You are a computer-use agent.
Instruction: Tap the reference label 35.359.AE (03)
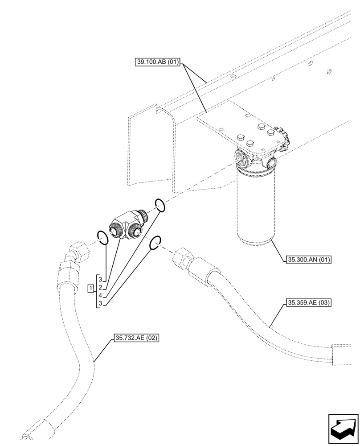coord(307,303)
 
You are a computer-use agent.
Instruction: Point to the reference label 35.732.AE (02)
coord(136,338)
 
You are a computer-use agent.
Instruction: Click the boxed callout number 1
coord(90,288)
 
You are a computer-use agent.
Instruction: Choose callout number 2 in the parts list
coord(101,288)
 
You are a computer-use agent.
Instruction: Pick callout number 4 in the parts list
coord(101,295)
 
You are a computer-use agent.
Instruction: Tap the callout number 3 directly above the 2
coord(101,280)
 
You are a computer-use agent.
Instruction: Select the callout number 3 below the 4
coord(101,303)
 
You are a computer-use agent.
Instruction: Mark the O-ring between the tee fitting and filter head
coord(160,205)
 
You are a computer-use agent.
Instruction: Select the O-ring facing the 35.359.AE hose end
coord(155,243)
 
